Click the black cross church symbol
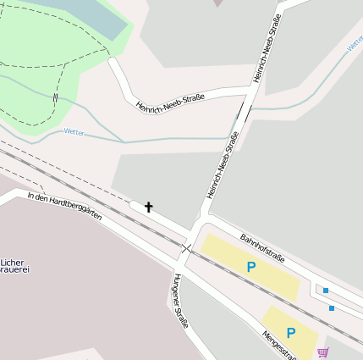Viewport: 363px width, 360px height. pos(149,207)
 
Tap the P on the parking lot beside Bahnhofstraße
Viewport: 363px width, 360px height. pos(250,267)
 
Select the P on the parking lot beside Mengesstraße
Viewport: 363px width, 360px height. pos(290,333)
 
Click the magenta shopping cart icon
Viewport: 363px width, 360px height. pos(322,352)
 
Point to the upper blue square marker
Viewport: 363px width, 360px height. pos(326,291)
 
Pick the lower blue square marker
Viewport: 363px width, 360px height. pos(332,308)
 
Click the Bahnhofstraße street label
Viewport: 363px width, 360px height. pos(262,248)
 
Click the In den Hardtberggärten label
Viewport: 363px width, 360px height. pos(64,207)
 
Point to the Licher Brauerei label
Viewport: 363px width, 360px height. pos(14,266)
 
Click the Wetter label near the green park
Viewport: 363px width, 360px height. pos(74,132)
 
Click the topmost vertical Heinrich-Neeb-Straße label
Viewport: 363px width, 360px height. pos(268,48)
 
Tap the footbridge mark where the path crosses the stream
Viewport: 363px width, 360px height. pos(55,98)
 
